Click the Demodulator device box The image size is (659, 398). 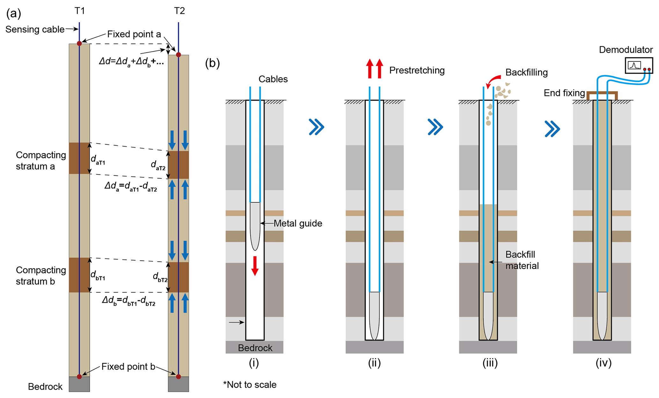click(x=639, y=65)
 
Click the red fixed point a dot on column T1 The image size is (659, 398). click(x=79, y=44)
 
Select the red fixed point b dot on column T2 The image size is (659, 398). click(x=179, y=377)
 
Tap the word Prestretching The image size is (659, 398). click(x=417, y=70)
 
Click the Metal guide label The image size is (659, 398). click(x=298, y=223)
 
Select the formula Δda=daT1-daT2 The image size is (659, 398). click(x=131, y=186)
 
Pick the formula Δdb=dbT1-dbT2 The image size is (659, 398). click(x=129, y=300)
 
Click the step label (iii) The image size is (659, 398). click(x=490, y=363)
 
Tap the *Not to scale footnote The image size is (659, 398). click(x=250, y=385)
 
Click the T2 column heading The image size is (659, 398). click(x=179, y=11)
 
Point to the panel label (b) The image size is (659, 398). click(x=212, y=63)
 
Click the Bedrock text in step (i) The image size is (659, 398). click(x=255, y=348)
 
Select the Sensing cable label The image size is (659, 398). click(x=35, y=29)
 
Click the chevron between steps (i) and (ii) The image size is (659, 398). click(x=316, y=127)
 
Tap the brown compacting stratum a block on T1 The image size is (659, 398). click(x=79, y=158)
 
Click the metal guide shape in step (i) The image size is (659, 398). click(x=255, y=225)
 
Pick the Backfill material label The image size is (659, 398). click(x=522, y=260)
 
